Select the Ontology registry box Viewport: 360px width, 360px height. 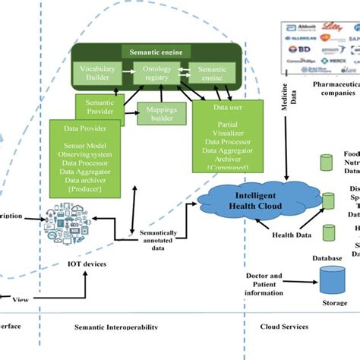click(x=156, y=74)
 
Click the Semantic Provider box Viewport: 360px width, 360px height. click(x=99, y=106)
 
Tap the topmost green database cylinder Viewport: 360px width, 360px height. click(x=327, y=163)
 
